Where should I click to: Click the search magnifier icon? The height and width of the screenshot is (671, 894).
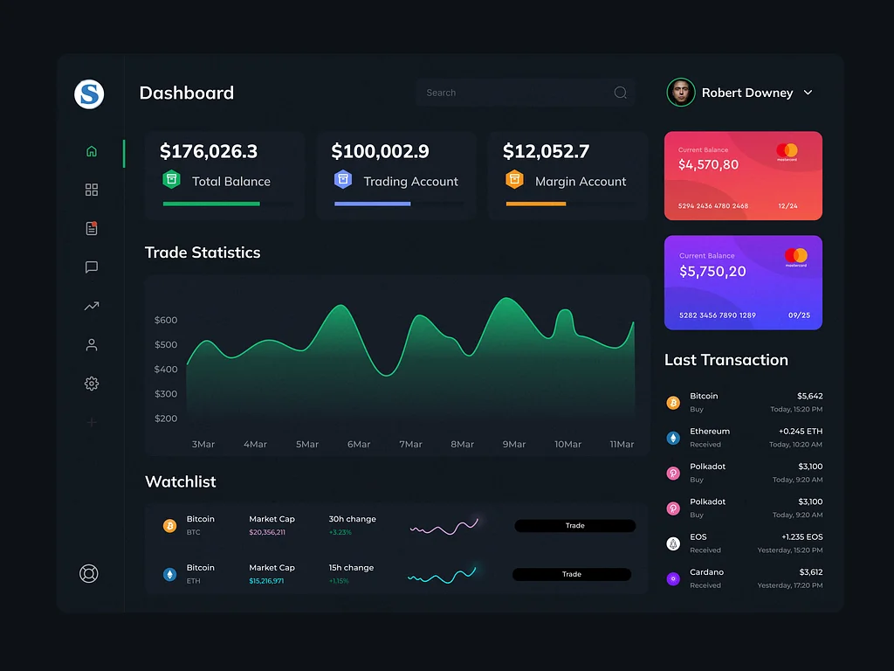620,93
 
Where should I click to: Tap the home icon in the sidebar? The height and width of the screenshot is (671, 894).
92,151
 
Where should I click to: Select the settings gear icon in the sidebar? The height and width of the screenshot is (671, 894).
92,384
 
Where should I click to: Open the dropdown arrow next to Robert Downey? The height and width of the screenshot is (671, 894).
808,93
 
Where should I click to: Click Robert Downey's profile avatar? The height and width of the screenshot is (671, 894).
681,93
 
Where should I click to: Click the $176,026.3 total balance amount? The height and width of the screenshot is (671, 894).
209,151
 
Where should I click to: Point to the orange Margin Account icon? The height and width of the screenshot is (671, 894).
514,180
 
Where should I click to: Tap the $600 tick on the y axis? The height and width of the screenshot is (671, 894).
166,320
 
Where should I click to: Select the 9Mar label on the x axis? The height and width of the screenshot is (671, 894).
514,444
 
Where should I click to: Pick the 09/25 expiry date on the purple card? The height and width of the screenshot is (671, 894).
799,315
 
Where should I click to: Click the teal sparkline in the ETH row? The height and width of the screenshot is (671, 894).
442,575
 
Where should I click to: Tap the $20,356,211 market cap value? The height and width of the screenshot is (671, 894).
267,532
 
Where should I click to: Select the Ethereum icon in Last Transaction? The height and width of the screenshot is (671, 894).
673,438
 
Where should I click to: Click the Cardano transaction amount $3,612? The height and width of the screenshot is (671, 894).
810,572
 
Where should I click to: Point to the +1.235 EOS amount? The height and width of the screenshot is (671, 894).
801,536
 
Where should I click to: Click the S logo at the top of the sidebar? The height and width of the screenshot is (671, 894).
89,93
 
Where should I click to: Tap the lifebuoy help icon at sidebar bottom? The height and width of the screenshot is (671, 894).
89,574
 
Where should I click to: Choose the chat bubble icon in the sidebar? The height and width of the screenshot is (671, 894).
92,267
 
